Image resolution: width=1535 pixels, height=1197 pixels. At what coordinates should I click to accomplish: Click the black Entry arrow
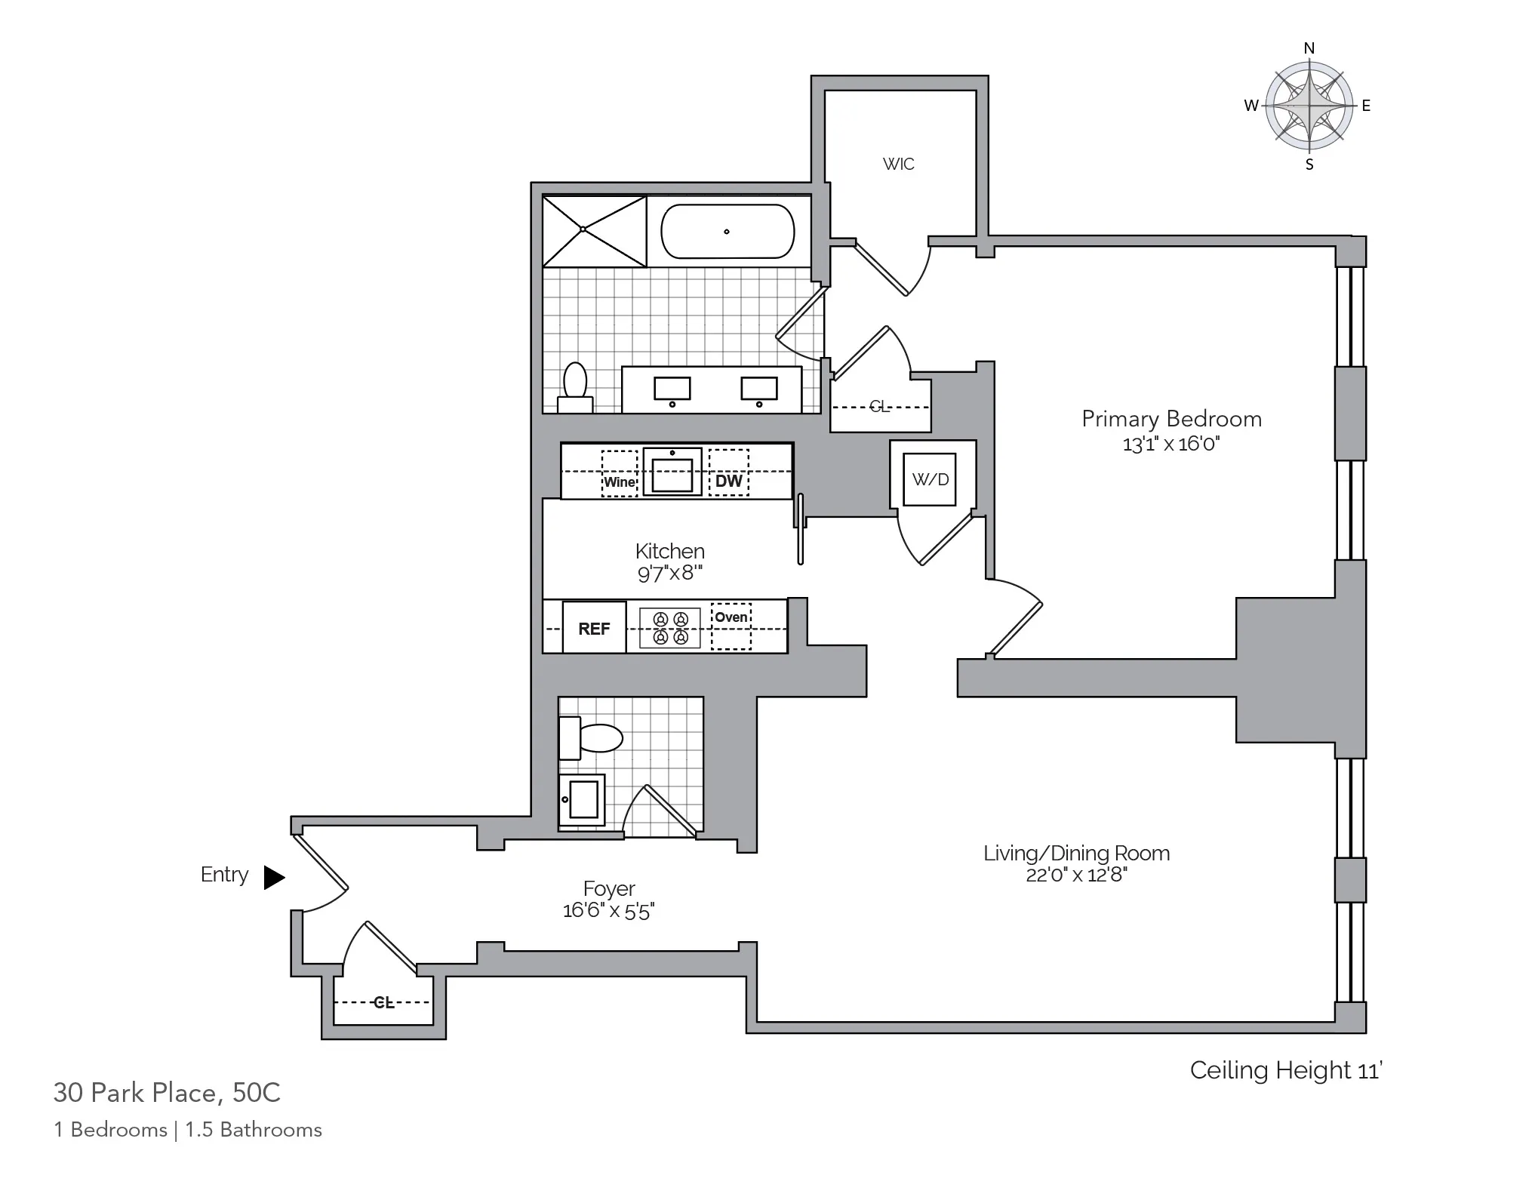click(274, 877)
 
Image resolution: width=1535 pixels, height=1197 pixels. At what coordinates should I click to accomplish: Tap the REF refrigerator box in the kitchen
click(594, 628)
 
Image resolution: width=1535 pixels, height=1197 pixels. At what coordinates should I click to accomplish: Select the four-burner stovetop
click(670, 628)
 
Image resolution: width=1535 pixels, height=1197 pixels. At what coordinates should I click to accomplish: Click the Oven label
click(731, 617)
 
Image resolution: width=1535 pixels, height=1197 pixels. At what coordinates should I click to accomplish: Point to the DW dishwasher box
click(728, 481)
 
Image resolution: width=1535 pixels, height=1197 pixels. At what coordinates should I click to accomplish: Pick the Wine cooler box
click(619, 482)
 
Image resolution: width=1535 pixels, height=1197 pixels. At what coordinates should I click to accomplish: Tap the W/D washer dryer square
click(930, 479)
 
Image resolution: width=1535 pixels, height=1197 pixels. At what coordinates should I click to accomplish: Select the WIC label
click(898, 164)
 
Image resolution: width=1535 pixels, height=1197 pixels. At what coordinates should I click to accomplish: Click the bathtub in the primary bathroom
click(728, 232)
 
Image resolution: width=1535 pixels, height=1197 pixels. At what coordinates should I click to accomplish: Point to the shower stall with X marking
click(595, 231)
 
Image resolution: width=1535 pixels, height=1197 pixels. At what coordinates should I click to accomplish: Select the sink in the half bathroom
click(582, 799)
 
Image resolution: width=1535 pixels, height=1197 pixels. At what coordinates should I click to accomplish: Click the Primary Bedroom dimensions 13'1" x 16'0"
click(1171, 444)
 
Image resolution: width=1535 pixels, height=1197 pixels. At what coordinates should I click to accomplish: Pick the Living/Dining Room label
click(1076, 853)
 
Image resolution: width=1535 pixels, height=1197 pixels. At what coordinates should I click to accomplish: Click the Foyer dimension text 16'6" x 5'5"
click(608, 911)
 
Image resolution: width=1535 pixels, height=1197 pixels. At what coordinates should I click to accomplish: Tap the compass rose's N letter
click(1309, 48)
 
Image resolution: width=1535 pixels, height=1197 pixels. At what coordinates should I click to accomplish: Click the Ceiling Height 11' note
click(1285, 1069)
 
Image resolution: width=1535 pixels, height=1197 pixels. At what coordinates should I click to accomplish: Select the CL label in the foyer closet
click(383, 1002)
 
